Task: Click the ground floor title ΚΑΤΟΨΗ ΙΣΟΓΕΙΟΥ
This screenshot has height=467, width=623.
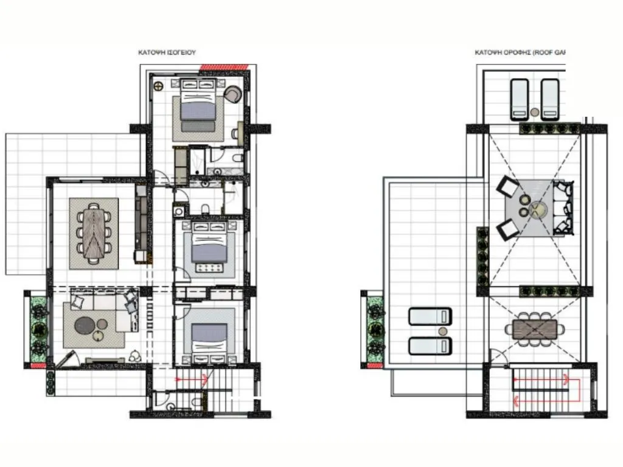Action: (x=166, y=53)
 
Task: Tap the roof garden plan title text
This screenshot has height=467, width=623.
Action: (x=520, y=53)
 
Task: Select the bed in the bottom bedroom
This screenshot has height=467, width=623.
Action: (x=209, y=334)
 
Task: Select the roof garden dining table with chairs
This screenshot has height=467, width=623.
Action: (x=535, y=329)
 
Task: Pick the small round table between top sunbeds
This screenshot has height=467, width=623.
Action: (x=534, y=112)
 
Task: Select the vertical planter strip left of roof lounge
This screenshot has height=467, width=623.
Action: (x=483, y=256)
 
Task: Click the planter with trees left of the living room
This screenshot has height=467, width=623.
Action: (x=38, y=329)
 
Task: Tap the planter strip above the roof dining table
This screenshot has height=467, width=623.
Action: (x=549, y=292)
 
